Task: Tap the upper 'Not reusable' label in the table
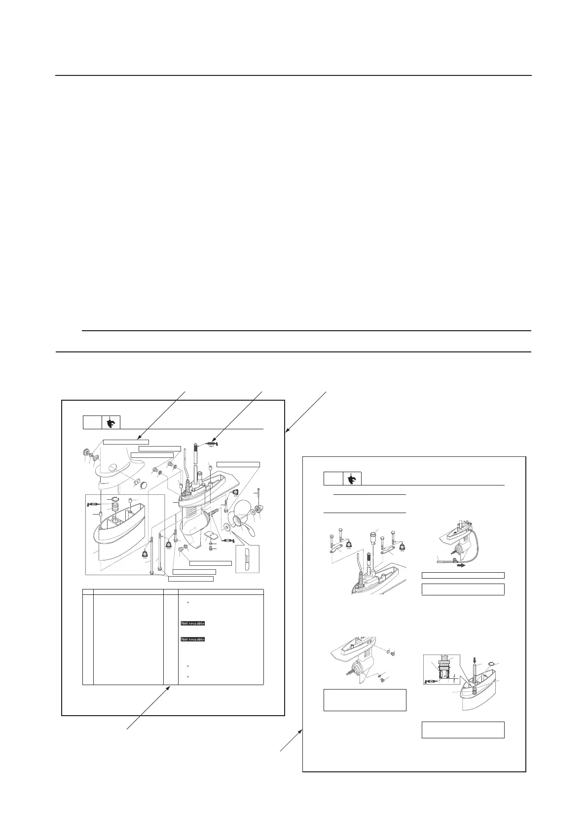(x=192, y=623)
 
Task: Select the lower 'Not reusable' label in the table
(x=192, y=639)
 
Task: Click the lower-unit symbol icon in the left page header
(x=111, y=423)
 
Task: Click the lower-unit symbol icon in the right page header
(x=352, y=479)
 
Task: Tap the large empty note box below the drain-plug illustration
(x=365, y=700)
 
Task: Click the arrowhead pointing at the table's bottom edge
(x=171, y=687)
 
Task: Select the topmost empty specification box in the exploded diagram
(x=126, y=441)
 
